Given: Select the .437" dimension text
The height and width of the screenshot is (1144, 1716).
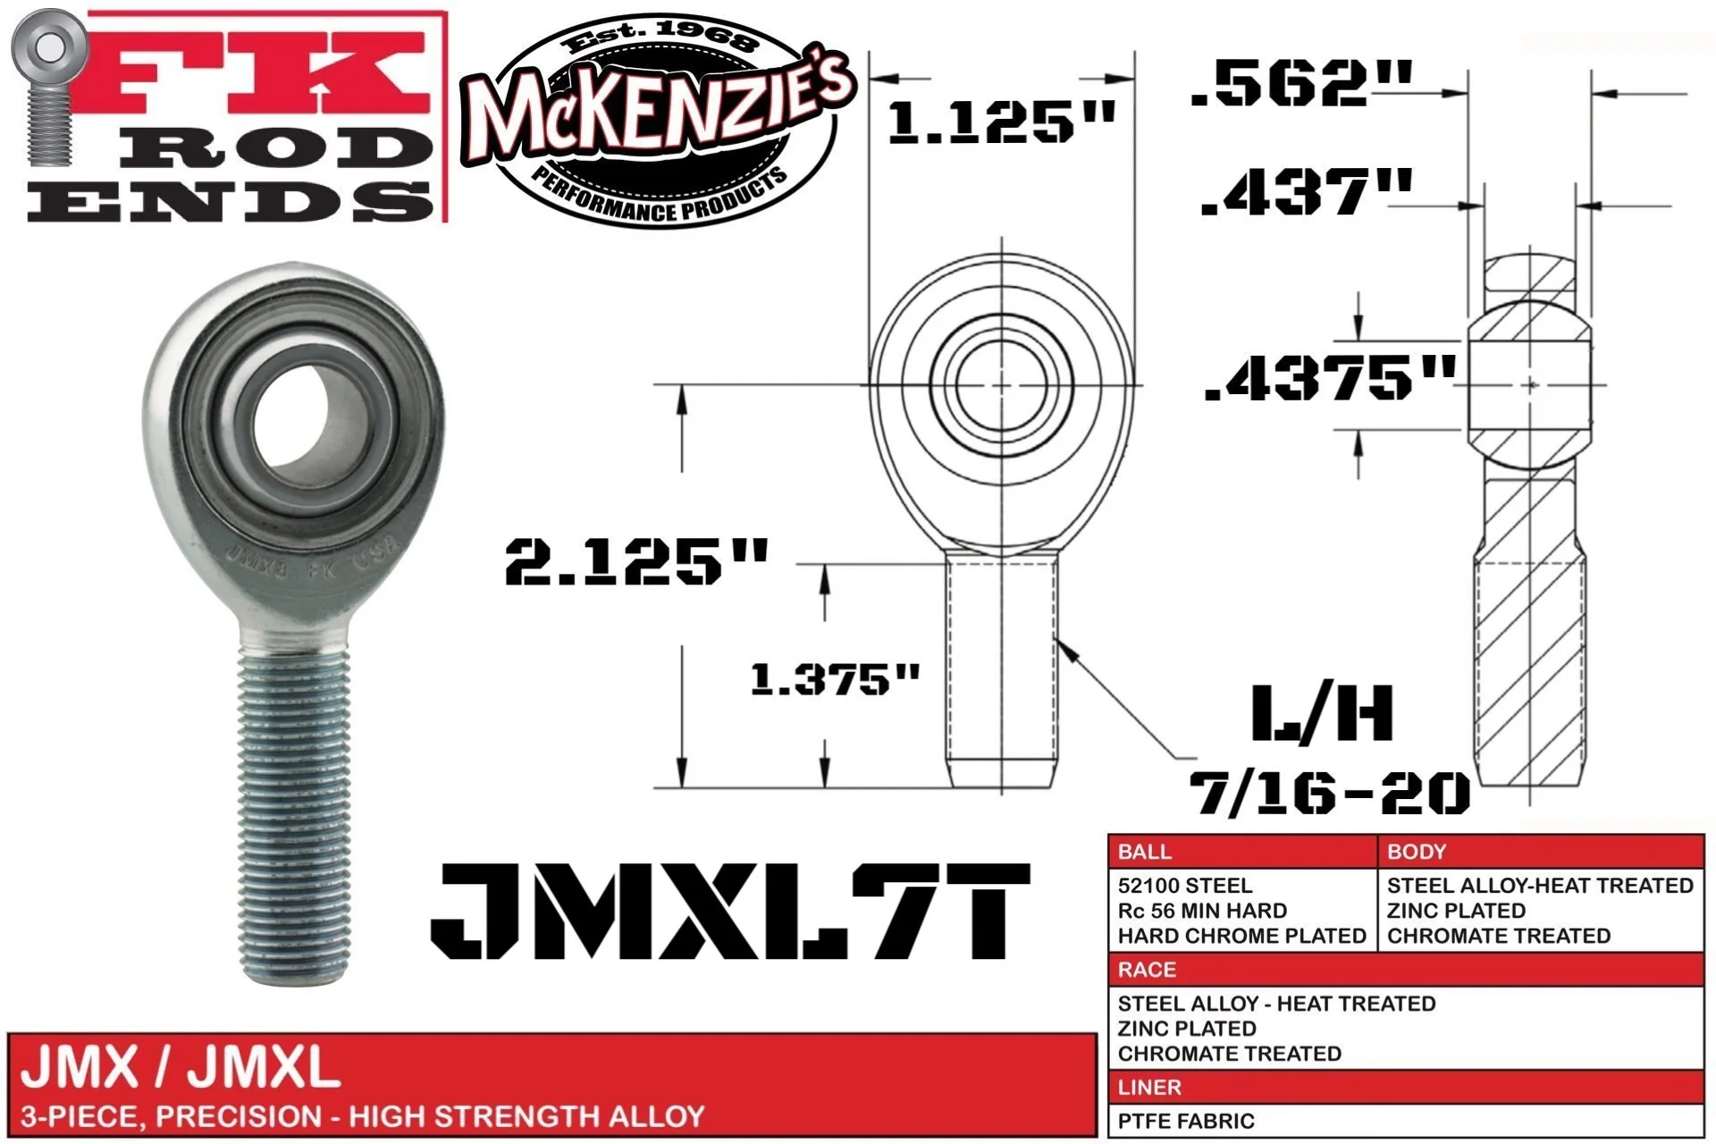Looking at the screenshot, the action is pos(1307,191).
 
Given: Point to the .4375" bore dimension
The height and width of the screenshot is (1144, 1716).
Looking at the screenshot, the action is pos(1331,377).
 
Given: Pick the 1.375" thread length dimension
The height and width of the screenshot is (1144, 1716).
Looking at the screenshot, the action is pos(835,678).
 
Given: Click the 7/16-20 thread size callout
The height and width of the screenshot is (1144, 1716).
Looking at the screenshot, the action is pos(1329,792).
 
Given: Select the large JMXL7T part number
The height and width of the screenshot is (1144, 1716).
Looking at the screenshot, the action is pos(730,911).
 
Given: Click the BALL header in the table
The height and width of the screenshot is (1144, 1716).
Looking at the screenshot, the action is pos(1144,851).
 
